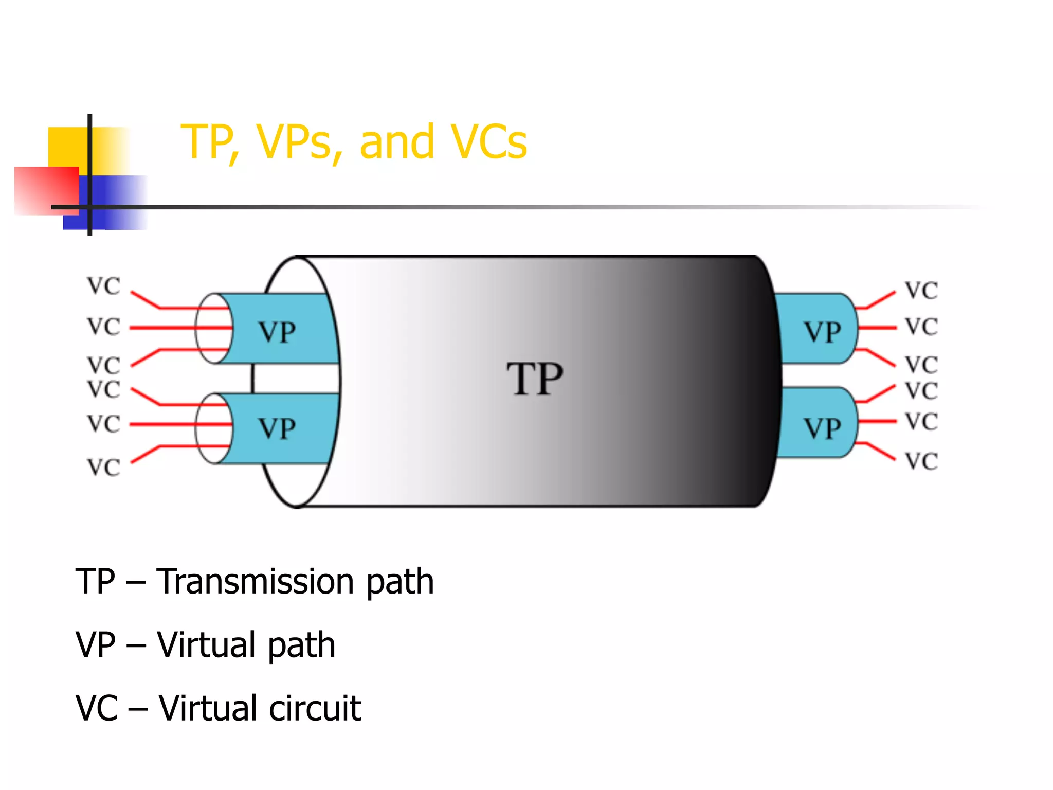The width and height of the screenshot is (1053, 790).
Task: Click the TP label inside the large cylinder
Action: pyautogui.click(x=535, y=379)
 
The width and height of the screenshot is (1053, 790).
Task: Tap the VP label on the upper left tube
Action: pyautogui.click(x=277, y=332)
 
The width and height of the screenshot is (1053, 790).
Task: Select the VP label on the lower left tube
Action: pyautogui.click(x=277, y=428)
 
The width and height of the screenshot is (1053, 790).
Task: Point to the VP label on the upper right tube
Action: pyautogui.click(x=822, y=332)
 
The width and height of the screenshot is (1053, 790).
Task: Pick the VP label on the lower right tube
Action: pyautogui.click(x=822, y=428)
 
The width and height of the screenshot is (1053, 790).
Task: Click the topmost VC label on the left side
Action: pyautogui.click(x=103, y=286)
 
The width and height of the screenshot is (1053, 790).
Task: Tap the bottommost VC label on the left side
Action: pyautogui.click(x=103, y=468)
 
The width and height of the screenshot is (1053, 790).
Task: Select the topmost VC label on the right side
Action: pyautogui.click(x=921, y=291)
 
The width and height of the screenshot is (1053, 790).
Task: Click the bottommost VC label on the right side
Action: pyautogui.click(x=921, y=461)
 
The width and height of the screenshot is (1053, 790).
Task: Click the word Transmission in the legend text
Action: pyautogui.click(x=255, y=582)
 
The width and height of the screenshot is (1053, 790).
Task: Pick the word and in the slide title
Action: pyautogui.click(x=396, y=142)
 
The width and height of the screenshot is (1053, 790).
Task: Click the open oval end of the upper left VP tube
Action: pyautogui.click(x=214, y=328)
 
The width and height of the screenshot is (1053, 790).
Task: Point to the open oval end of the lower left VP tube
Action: pyautogui.click(x=214, y=428)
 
